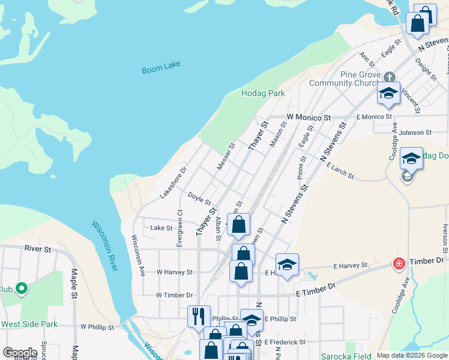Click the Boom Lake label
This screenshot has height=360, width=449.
(x=161, y=67)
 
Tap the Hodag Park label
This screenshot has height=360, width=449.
(x=263, y=94)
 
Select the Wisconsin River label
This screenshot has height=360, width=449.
(x=105, y=245)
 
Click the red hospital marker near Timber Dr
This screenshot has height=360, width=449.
(x=399, y=263)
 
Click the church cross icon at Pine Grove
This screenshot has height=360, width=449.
(x=390, y=77)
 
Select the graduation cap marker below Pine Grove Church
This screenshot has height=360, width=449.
(x=388, y=92)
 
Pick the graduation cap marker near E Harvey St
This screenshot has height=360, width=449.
(x=287, y=264)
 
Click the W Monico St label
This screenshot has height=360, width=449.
(x=309, y=117)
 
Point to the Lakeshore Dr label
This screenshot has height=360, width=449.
(x=173, y=183)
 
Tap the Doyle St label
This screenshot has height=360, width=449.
(x=199, y=198)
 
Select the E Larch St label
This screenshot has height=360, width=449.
(x=340, y=170)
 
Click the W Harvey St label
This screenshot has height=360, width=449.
(x=175, y=272)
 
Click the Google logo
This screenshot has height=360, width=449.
(x=20, y=353)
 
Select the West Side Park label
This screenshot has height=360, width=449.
(x=29, y=325)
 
